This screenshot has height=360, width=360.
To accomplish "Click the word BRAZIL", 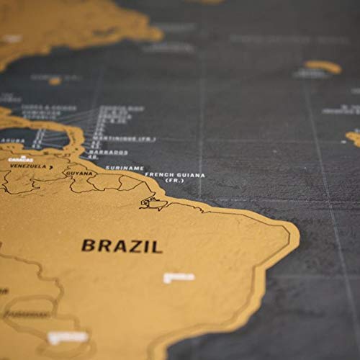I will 122,246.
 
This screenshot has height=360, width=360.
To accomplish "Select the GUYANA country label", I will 78,174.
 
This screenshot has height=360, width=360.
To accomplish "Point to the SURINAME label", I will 120,168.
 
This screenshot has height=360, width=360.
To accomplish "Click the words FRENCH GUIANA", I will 174,175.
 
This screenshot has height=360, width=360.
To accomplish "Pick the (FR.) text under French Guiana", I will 174,181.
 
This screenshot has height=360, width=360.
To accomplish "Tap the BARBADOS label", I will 110,153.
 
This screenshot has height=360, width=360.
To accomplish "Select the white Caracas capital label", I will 23,158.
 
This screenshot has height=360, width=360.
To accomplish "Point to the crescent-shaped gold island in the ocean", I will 322,67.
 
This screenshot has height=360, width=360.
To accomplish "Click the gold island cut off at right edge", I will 354,137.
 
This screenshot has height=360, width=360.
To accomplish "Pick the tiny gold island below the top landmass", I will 55,81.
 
